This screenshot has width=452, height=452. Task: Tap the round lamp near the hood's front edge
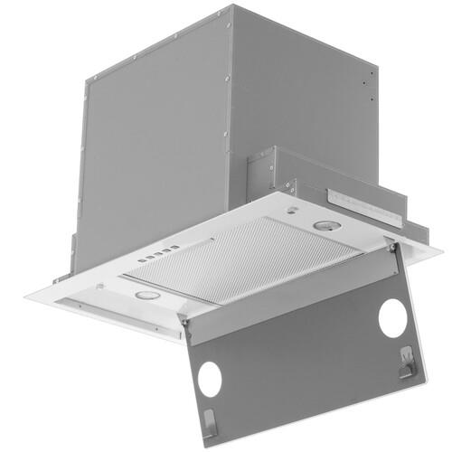pos(146,296)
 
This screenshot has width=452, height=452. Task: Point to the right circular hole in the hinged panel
pos(392,317)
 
